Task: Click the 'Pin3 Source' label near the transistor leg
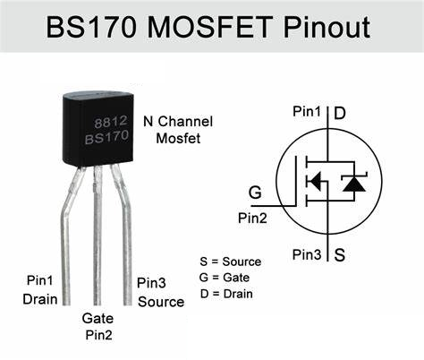pos(160,293)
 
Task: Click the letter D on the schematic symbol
pos(340,114)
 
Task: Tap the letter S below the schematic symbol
pos(340,254)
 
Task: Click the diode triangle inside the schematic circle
pos(354,184)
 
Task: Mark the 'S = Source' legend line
pos(231,261)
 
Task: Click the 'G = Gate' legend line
pos(225,278)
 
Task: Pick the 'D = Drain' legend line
pos(226,293)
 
